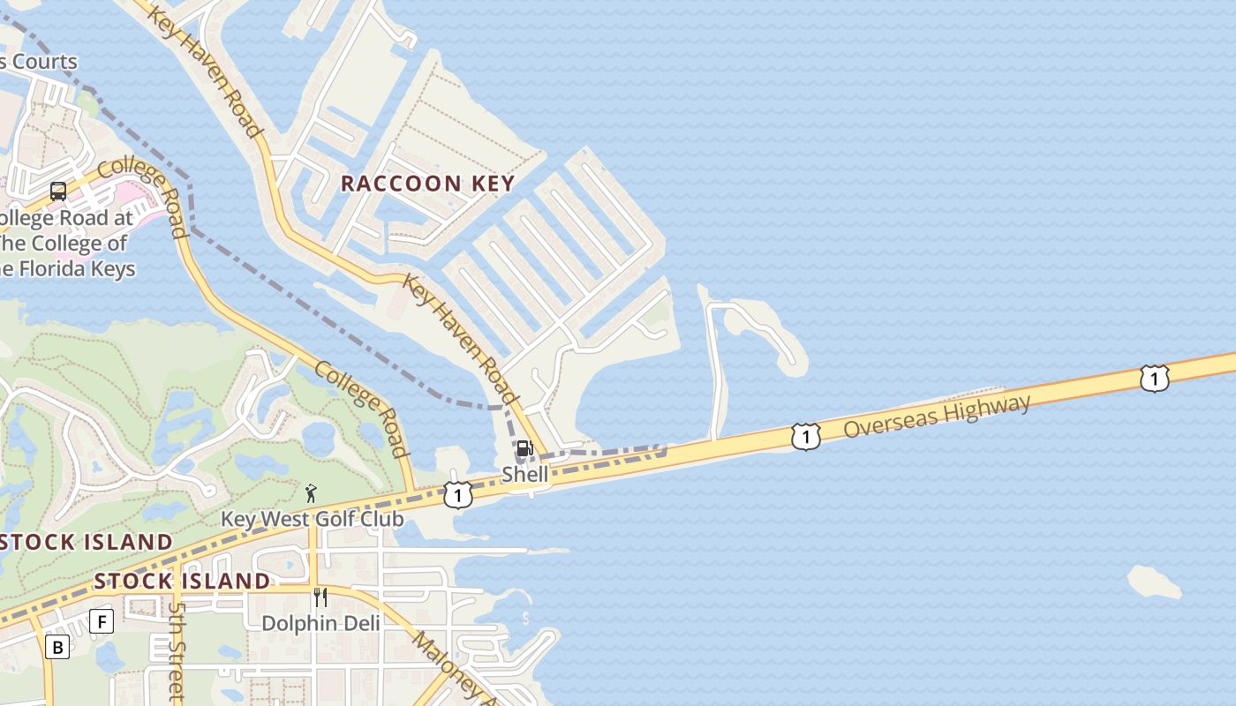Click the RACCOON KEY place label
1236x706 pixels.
click(427, 184)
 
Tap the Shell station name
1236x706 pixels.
click(525, 474)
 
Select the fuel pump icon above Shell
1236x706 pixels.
click(524, 448)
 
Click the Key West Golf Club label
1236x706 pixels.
click(312, 519)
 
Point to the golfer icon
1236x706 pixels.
click(310, 493)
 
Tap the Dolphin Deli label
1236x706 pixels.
click(320, 623)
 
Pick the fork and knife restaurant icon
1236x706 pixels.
click(320, 597)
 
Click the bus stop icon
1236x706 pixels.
click(58, 192)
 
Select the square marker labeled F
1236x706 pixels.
click(102, 621)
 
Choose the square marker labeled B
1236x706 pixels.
click(57, 648)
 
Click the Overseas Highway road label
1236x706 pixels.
click(937, 417)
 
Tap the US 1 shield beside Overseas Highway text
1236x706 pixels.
click(805, 437)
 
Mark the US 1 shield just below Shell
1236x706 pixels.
click(457, 495)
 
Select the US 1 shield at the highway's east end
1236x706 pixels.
click(1154, 379)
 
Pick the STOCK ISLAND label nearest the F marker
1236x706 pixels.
click(182, 581)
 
